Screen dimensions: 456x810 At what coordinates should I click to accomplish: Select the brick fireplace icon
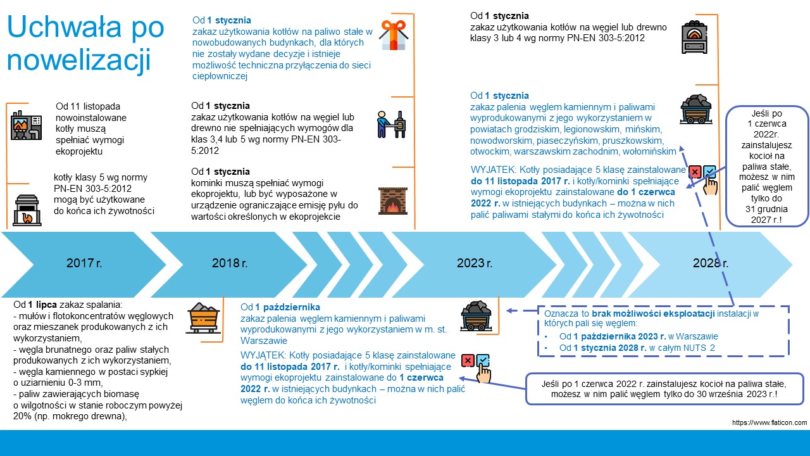click(x=393, y=199)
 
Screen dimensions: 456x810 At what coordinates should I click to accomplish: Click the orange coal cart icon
click(x=204, y=317)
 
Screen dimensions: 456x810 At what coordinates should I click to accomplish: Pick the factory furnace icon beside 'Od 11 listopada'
click(x=27, y=124)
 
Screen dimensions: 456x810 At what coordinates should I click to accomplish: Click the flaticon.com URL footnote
click(x=769, y=422)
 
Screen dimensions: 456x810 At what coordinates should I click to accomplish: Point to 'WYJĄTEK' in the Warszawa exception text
click(x=263, y=355)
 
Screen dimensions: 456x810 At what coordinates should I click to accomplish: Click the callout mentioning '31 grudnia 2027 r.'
click(x=767, y=166)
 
